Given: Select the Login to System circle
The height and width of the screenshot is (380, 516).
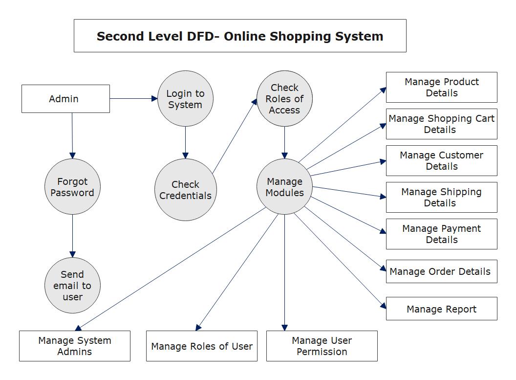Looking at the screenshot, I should click(185, 99).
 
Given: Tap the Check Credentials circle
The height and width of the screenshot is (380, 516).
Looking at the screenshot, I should click(185, 190).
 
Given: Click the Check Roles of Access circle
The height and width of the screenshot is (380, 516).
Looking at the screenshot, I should click(284, 99).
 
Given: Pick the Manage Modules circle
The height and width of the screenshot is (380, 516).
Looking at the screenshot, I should click(284, 187).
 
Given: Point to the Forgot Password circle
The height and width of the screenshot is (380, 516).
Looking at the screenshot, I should click(72, 187).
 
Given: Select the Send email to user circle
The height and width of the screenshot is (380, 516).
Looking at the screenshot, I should click(72, 286).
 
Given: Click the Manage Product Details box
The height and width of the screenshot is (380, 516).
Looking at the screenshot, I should click(441, 87).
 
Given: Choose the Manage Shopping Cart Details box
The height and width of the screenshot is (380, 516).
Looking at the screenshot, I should click(441, 124).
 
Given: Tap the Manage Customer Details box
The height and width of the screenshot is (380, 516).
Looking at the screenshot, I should click(441, 160).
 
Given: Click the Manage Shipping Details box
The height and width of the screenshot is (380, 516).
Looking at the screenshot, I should click(441, 197).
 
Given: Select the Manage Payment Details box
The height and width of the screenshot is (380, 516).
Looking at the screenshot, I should click(441, 234).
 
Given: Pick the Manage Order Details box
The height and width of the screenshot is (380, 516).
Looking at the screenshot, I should click(441, 271).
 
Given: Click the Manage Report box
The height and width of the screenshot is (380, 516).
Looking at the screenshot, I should click(441, 309).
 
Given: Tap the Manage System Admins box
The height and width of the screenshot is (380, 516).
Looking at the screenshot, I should click(75, 346).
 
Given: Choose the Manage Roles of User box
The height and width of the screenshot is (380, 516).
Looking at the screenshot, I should click(202, 346).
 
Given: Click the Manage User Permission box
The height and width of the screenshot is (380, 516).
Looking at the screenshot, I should click(322, 346).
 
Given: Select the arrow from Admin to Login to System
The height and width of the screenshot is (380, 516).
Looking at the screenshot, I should click(133, 99).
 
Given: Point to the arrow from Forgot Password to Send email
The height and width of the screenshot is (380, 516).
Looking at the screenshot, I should click(72, 235).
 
